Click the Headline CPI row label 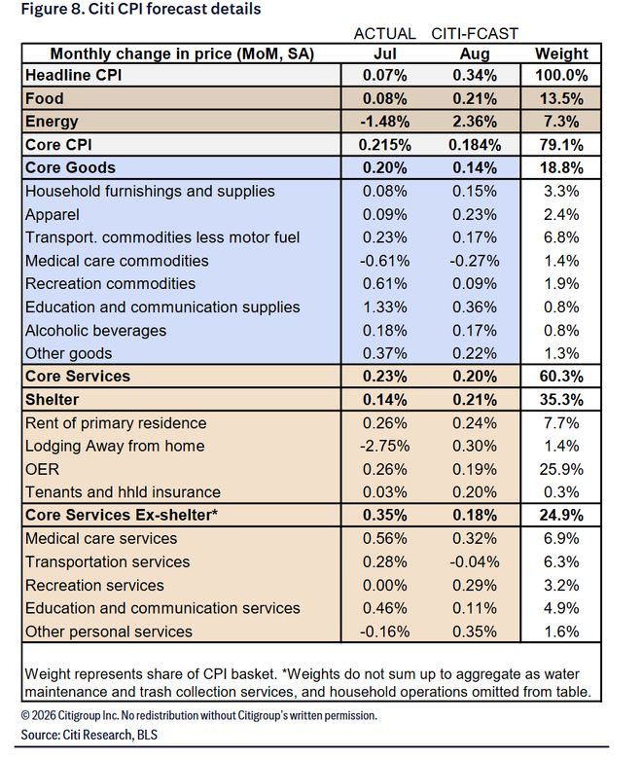click(74, 76)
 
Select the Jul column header click(385, 54)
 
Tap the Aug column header click(475, 54)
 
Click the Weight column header click(561, 54)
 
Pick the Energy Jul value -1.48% click(385, 122)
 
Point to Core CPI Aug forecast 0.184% click(475, 145)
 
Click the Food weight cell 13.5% click(561, 98)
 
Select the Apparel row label click(53, 215)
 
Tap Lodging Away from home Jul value click(385, 446)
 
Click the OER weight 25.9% click(561, 469)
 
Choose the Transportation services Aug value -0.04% click(475, 561)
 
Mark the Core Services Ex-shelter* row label click(122, 515)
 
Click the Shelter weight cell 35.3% click(561, 400)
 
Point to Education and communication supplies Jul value click(385, 307)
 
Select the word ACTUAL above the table click(385, 34)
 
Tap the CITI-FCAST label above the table click(475, 34)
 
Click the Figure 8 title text click(141, 9)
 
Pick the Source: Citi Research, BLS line click(89, 735)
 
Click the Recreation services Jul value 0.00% click(385, 585)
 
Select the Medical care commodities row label click(117, 261)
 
